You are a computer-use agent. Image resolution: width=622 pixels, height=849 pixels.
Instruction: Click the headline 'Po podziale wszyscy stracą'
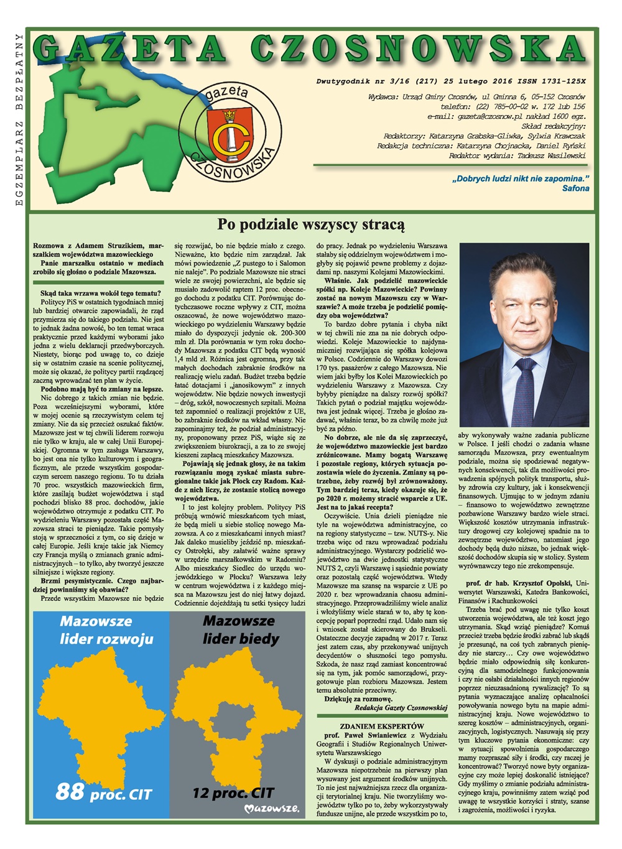pyautogui.click(x=310, y=225)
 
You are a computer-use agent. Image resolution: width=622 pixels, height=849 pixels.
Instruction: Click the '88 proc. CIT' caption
pyautogui.click(x=103, y=792)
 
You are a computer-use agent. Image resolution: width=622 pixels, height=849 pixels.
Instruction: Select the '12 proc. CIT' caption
pyautogui.click(x=233, y=792)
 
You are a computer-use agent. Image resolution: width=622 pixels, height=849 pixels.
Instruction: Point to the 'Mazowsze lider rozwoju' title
pyautogui.click(x=106, y=629)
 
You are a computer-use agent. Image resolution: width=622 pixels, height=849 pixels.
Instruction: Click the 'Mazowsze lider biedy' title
pyautogui.click(x=241, y=629)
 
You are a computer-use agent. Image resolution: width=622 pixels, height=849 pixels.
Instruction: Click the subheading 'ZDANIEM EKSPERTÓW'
pyautogui.click(x=382, y=726)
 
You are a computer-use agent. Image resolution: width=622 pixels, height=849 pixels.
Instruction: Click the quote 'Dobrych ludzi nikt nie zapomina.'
pyautogui.click(x=521, y=179)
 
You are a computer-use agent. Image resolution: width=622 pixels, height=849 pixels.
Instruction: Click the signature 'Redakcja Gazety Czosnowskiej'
pyautogui.click(x=401, y=708)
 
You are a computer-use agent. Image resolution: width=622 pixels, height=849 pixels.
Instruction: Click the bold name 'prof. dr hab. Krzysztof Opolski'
pyautogui.click(x=518, y=583)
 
